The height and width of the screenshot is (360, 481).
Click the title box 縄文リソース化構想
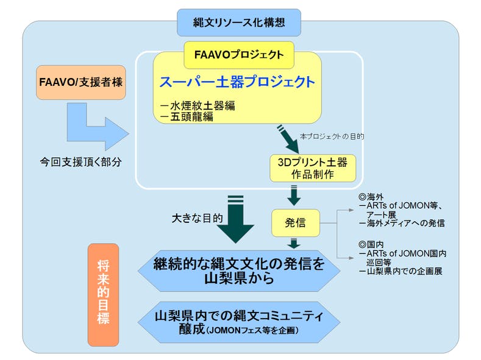[x=239, y=23]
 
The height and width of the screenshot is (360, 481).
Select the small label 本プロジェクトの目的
[x=332, y=136]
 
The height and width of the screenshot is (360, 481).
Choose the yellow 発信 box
[x=296, y=223]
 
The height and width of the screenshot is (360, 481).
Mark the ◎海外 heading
[x=372, y=198]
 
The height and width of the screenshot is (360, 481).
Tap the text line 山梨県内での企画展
[x=403, y=270]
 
